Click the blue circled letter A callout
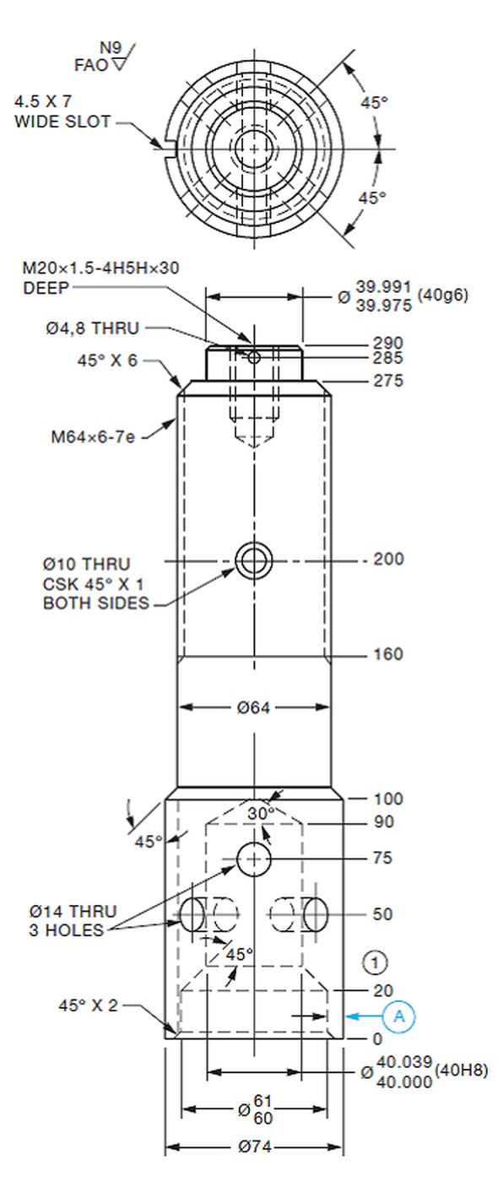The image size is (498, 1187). click(x=399, y=1017)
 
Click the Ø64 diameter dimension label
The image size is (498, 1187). click(x=253, y=707)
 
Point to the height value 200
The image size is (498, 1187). click(x=388, y=559)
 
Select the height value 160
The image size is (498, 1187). click(x=388, y=654)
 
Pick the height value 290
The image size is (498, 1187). click(x=388, y=343)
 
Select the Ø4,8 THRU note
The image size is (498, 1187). click(x=93, y=328)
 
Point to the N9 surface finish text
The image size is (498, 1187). click(x=111, y=47)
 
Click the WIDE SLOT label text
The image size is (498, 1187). click(x=62, y=122)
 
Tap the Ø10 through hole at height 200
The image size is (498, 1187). click(x=254, y=560)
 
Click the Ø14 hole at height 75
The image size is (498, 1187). click(x=254, y=859)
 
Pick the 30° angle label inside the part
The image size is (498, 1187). click(x=262, y=812)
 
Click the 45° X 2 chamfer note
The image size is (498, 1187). click(x=89, y=1005)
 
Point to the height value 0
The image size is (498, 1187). click(x=377, y=1038)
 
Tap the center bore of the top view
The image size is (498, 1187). click(x=254, y=147)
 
